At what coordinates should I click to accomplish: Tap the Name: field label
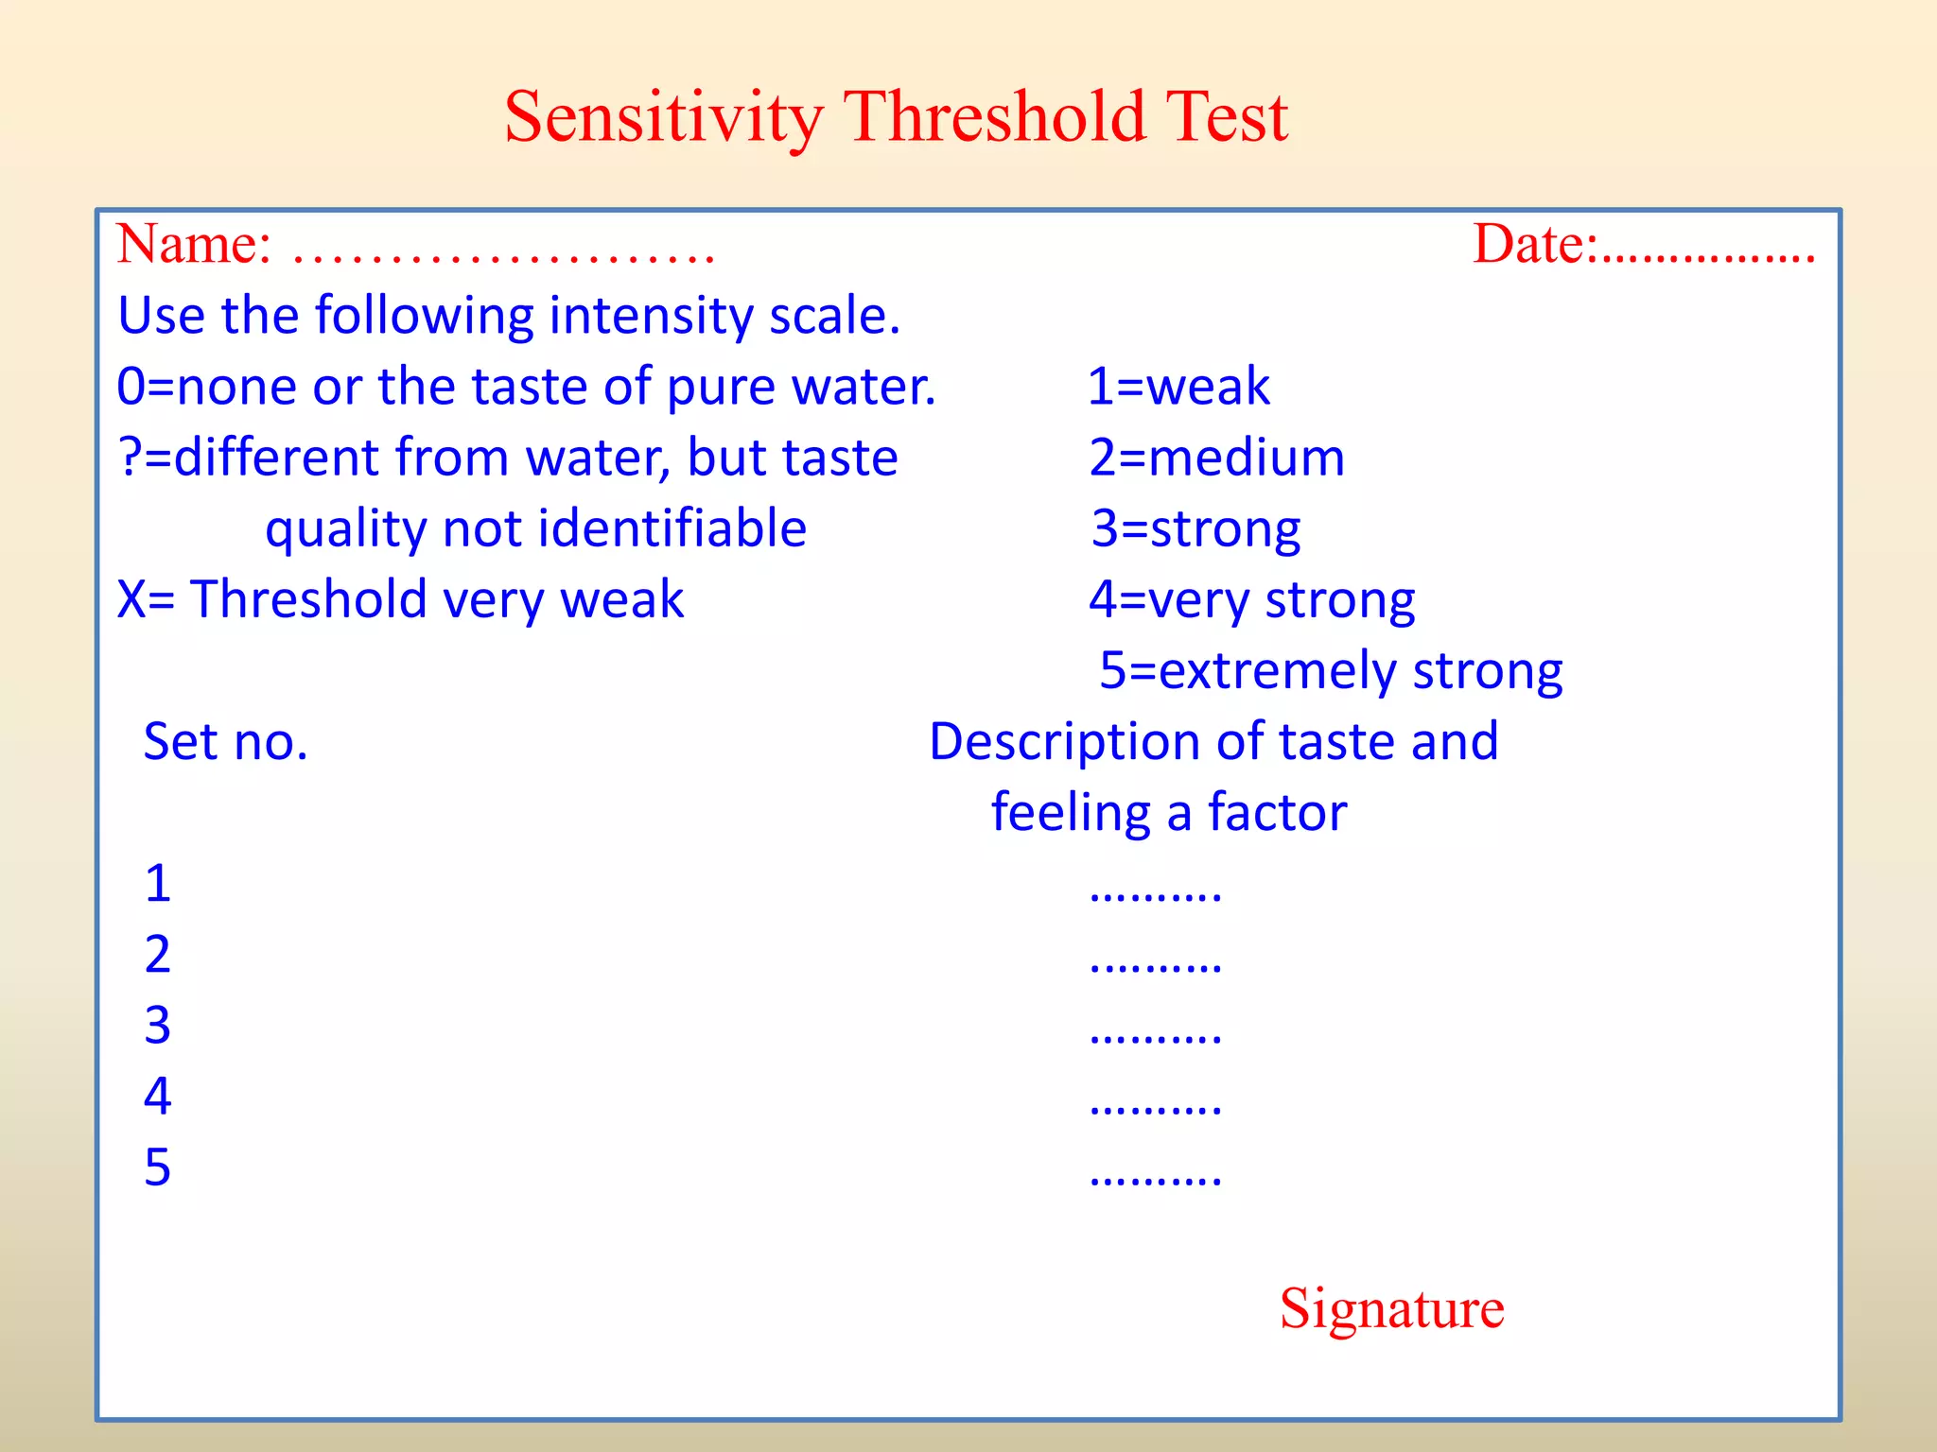coord(194,244)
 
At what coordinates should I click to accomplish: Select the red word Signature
coord(1391,1308)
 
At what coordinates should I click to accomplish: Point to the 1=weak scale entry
coord(1178,387)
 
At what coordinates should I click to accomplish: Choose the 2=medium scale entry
coord(1216,458)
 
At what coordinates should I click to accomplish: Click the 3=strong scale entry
coord(1195,528)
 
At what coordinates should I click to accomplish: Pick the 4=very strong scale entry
coord(1251,599)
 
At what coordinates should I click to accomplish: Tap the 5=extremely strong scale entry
coord(1330,671)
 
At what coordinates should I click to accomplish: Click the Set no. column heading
coord(225,741)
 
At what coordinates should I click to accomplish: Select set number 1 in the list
coord(158,884)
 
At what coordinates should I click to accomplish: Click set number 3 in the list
coord(158,1026)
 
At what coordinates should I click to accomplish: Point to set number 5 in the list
coord(158,1167)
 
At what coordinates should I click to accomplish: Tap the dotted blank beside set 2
coord(1155,966)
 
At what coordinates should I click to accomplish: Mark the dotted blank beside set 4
coord(1155,1108)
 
